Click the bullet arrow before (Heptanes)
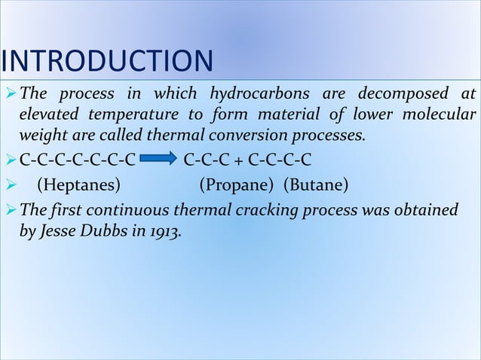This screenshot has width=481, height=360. (10, 184)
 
